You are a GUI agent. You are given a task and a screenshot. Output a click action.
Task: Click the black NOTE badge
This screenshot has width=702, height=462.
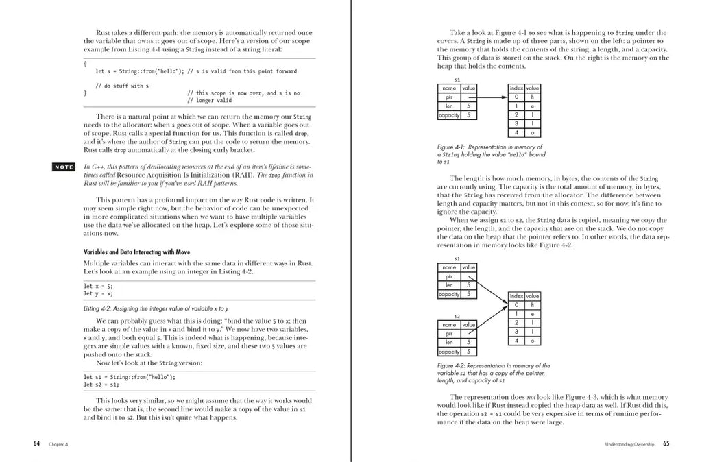(x=64, y=167)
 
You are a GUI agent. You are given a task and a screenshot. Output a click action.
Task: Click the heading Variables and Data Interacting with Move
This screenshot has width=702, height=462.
(x=136, y=252)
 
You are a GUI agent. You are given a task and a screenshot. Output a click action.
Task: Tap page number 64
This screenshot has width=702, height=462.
(x=36, y=443)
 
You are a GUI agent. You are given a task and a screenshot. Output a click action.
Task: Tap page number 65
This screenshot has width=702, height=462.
(x=666, y=443)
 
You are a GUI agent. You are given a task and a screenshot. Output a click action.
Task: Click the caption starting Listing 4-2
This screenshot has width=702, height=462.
(x=156, y=309)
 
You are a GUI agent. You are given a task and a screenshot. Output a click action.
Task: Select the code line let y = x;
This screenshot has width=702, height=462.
(x=99, y=293)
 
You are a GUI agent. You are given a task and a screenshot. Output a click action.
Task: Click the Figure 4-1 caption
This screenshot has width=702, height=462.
(x=490, y=154)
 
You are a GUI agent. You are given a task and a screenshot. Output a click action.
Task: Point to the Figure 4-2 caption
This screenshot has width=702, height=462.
(x=493, y=374)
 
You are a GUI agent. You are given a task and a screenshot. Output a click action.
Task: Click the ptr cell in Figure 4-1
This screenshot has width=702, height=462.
(x=449, y=97)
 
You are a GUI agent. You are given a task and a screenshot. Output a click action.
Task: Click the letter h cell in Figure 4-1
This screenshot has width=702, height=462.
(x=532, y=97)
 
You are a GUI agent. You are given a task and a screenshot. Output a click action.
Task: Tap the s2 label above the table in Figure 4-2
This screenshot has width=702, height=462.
(x=457, y=316)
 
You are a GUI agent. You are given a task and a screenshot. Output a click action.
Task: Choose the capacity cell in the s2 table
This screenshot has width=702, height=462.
(x=449, y=352)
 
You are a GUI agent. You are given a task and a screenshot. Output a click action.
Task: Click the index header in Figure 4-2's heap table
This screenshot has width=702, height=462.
(x=516, y=296)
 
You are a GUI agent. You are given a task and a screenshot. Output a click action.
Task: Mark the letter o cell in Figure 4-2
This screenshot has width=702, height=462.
(x=532, y=341)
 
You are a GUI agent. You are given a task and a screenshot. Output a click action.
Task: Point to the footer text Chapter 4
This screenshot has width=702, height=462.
(x=58, y=444)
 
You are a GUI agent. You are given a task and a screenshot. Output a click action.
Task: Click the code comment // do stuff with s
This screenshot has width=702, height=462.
(x=122, y=86)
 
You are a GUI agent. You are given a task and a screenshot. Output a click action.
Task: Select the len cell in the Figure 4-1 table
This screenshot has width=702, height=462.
(x=449, y=106)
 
